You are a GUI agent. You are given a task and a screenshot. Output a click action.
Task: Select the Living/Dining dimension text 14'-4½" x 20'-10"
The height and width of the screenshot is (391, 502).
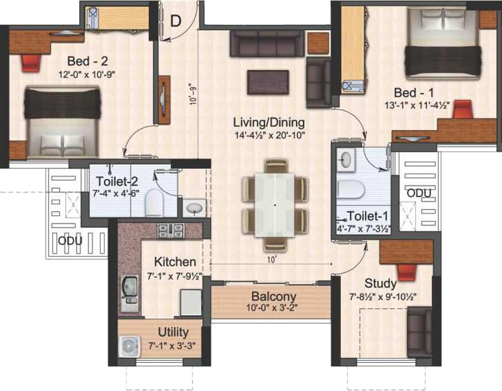pyautogui.click(x=269, y=137)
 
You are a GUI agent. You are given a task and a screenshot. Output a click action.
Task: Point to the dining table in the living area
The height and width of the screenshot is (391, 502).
pyautogui.click(x=275, y=204)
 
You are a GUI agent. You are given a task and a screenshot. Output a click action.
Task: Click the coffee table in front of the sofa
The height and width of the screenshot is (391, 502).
pyautogui.click(x=269, y=81)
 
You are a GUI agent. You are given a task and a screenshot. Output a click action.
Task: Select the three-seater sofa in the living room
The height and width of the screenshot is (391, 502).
pyautogui.click(x=267, y=43)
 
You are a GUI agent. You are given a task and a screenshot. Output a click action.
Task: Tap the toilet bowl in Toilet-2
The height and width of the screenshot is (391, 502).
pyautogui.click(x=153, y=203)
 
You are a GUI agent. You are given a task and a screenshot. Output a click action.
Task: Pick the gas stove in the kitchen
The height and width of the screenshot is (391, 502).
pyautogui.click(x=169, y=229)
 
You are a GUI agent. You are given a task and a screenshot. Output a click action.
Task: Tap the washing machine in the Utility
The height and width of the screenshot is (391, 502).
pyautogui.click(x=128, y=346)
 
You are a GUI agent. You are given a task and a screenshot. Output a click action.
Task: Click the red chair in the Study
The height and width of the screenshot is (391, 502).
pyautogui.click(x=407, y=272)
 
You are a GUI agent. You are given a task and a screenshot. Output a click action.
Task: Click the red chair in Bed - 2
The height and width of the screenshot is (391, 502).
pyautogui.click(x=31, y=61)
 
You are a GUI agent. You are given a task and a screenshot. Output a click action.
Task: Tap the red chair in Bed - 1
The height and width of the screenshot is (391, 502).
pyautogui.click(x=464, y=109)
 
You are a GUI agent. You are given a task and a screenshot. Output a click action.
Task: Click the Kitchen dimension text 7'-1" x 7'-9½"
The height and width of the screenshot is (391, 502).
pyautogui.click(x=175, y=275)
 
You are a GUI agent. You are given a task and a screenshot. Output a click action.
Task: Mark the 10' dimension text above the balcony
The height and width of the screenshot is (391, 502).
pyautogui.click(x=272, y=258)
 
